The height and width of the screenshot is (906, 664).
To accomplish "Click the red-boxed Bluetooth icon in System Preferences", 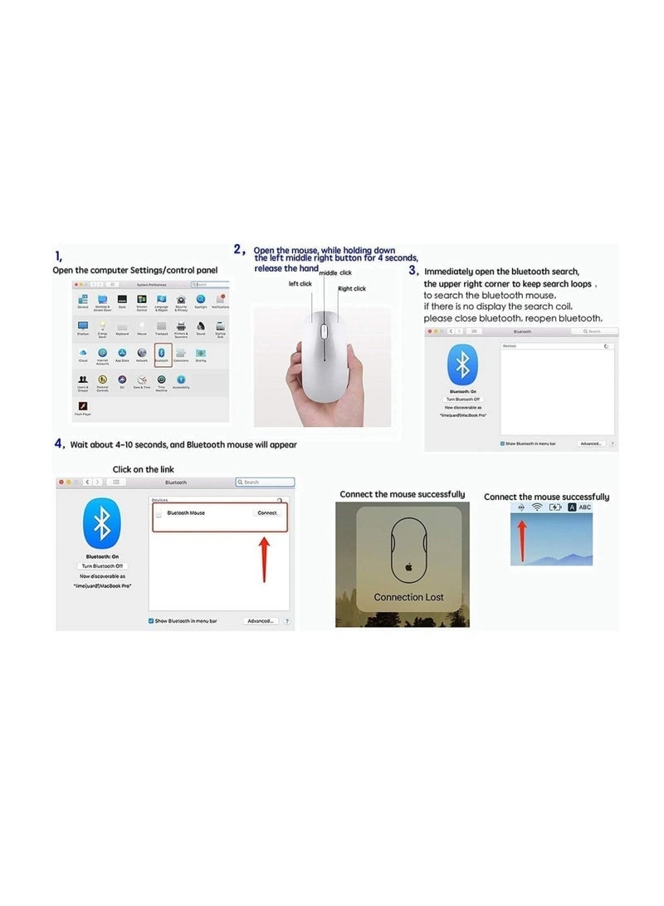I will (x=163, y=355).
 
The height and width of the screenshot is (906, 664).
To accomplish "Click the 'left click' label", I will (x=300, y=284).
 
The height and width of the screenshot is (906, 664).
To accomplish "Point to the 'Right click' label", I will (x=351, y=289).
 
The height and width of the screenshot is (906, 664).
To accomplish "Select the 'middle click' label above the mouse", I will (x=335, y=272).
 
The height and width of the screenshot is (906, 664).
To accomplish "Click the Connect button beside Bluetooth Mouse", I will (x=267, y=513).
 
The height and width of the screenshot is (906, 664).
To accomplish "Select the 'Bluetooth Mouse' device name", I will (x=186, y=513).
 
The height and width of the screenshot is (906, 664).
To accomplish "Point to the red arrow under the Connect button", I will (x=265, y=557).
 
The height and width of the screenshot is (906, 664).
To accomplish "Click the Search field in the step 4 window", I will (x=266, y=482).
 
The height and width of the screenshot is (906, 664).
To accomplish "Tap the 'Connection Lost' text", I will (x=408, y=597).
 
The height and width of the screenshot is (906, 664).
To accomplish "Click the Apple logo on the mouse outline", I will (x=408, y=568).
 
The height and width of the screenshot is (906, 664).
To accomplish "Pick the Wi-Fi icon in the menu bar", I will (x=537, y=507).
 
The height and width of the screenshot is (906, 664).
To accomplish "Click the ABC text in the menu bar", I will (x=585, y=507).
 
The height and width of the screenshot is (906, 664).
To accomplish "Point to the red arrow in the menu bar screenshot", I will (x=523, y=538).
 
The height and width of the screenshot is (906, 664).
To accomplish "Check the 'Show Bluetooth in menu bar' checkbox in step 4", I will (x=150, y=621).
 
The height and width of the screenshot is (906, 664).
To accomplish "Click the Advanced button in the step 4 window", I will (x=261, y=621).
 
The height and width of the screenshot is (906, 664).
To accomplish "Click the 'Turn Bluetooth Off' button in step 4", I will (x=103, y=566).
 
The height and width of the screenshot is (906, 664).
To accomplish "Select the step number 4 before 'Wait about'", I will (x=59, y=443).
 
